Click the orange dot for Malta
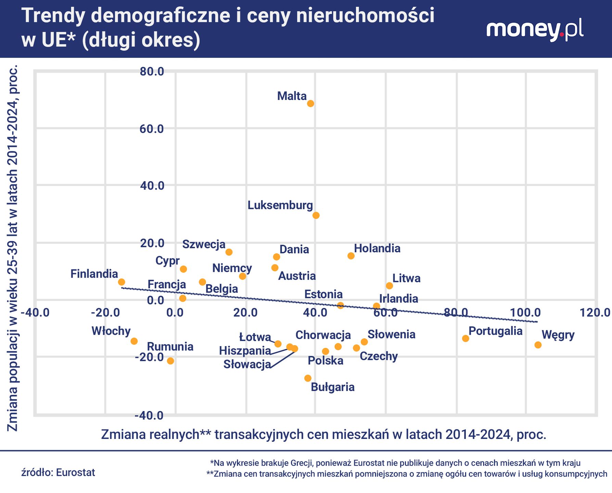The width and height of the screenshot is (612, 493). click(310, 104)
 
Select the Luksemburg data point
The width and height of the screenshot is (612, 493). click(316, 215)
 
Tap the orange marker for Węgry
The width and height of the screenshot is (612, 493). click(538, 345)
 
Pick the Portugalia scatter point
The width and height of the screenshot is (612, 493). click(466, 338)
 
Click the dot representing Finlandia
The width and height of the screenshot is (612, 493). click(122, 282)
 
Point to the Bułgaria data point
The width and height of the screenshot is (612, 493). click(308, 378)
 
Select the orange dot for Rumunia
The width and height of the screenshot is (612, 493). click(170, 361)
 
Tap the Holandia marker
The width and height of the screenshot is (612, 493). click(351, 256)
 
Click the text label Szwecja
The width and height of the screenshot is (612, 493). click(204, 244)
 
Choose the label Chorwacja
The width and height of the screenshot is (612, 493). click(323, 335)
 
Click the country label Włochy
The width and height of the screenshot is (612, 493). click(111, 331)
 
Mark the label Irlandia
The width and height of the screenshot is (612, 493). click(398, 299)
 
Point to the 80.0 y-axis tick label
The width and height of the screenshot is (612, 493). click(152, 72)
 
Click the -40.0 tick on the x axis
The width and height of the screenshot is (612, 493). click(35, 313)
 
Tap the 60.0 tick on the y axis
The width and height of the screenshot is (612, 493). click(152, 129)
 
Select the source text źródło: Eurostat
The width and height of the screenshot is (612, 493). click(58, 472)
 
